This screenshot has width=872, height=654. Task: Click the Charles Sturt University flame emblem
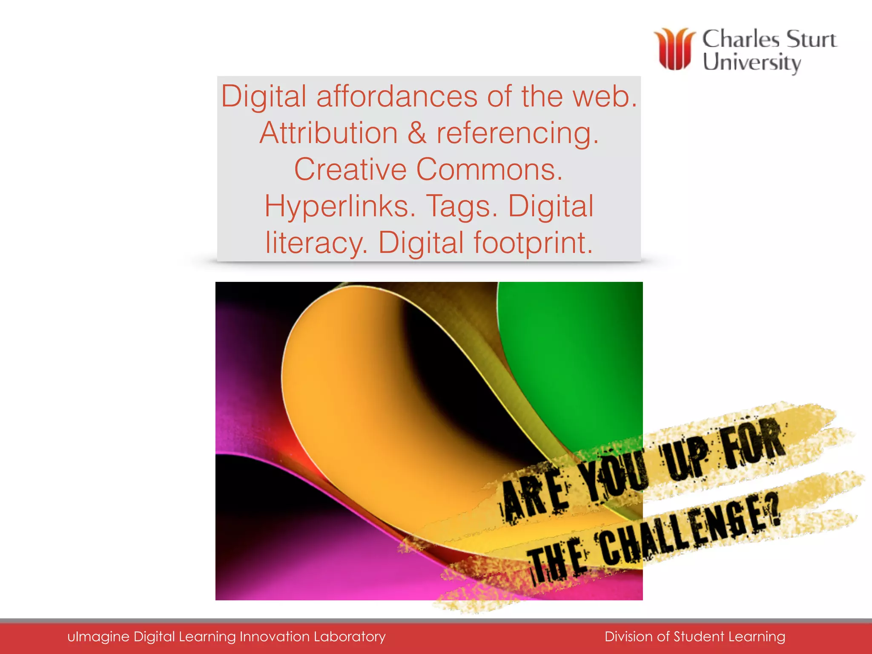(x=674, y=49)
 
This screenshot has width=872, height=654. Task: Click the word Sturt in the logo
(x=811, y=39)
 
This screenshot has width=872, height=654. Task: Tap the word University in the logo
(x=752, y=63)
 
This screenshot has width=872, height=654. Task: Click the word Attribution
(x=328, y=133)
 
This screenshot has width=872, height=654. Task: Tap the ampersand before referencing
(x=417, y=133)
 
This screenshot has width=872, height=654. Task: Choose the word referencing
(x=517, y=134)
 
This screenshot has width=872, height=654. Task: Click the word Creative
(x=350, y=169)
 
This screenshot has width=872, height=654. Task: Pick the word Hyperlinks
(x=340, y=206)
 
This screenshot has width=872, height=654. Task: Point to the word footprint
(x=533, y=243)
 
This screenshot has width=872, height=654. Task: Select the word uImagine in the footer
(x=98, y=637)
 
